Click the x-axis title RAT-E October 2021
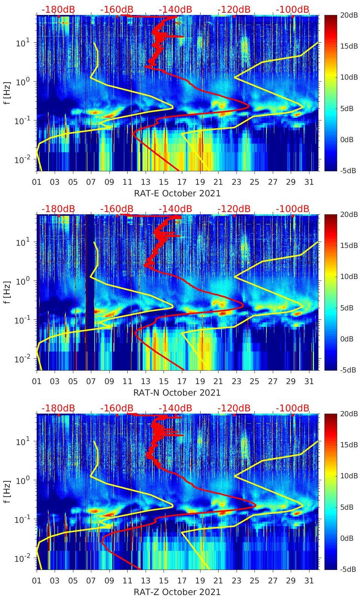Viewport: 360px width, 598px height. pos(177,193)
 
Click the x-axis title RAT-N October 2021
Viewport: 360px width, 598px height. pos(177,393)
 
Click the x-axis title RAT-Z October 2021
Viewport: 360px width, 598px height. pos(177,592)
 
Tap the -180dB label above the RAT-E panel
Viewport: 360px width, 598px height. pos(58,9)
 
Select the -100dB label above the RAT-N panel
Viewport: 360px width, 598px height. pos(293,209)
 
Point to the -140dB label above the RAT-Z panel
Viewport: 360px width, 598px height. pos(175,408)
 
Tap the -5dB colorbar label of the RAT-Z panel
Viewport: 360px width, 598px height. pos(348,569)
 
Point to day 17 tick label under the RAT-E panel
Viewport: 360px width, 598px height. pos(181,182)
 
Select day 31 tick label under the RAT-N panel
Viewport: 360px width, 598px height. pos(309,381)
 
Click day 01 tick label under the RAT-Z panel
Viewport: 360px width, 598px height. pos(37,581)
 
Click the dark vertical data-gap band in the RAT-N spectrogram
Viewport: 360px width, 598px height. pos(90,292)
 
